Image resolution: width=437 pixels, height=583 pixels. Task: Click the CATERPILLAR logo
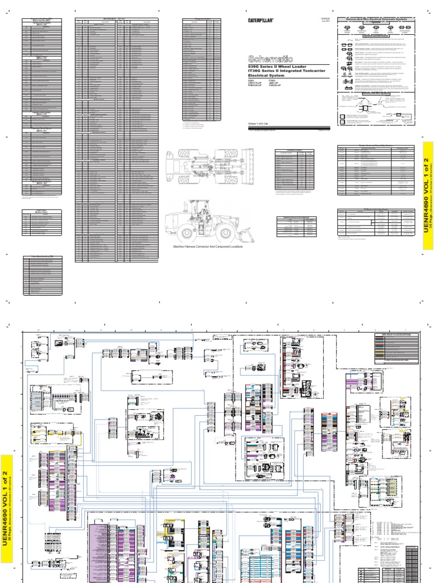(261, 20)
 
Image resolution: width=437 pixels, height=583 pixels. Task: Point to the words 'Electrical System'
(267, 77)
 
